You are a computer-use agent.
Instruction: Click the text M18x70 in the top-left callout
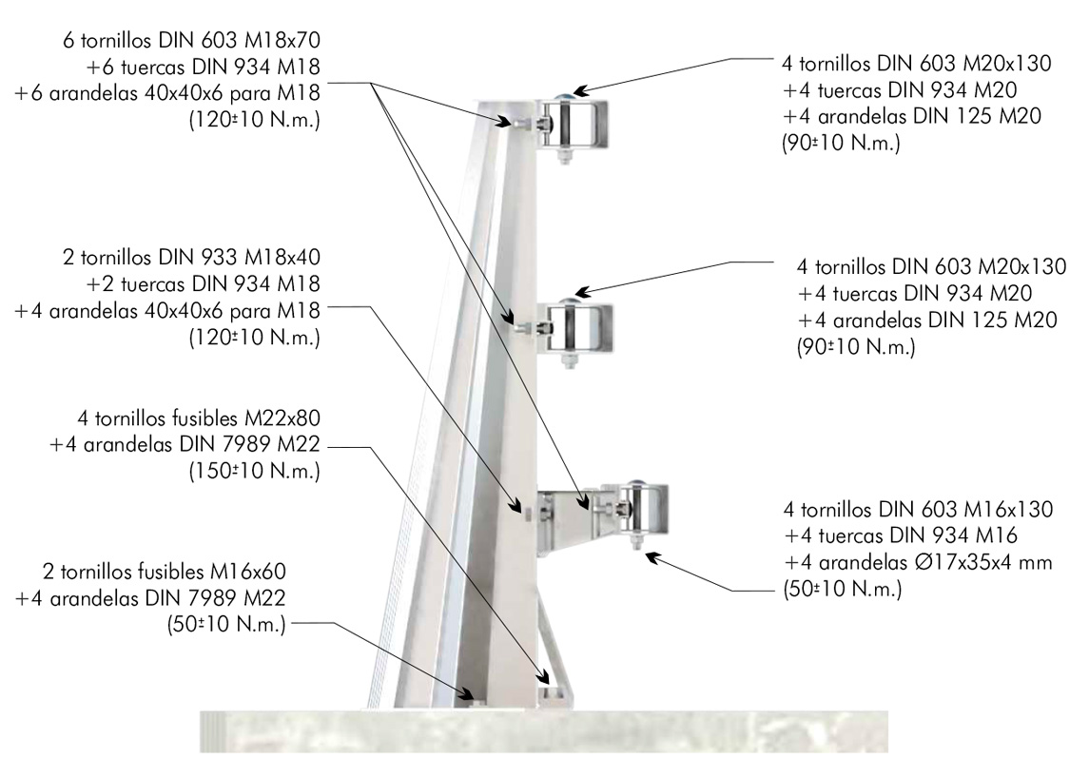pos(282,40)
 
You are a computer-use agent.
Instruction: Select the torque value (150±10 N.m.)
pos(255,471)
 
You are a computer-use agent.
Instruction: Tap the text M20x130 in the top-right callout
pos(1007,64)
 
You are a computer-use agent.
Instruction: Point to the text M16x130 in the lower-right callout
pos(1008,509)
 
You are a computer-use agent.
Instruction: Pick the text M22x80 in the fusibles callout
pos(282,418)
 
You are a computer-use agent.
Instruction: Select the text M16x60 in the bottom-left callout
pos(247,571)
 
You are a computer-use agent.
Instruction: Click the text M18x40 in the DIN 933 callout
pos(282,257)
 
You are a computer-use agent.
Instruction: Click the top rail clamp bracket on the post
pos(574,124)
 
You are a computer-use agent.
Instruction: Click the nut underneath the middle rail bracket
pos(569,360)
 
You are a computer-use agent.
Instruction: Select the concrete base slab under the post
pos(544,731)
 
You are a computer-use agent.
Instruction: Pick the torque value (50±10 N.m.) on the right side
pos(843,589)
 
